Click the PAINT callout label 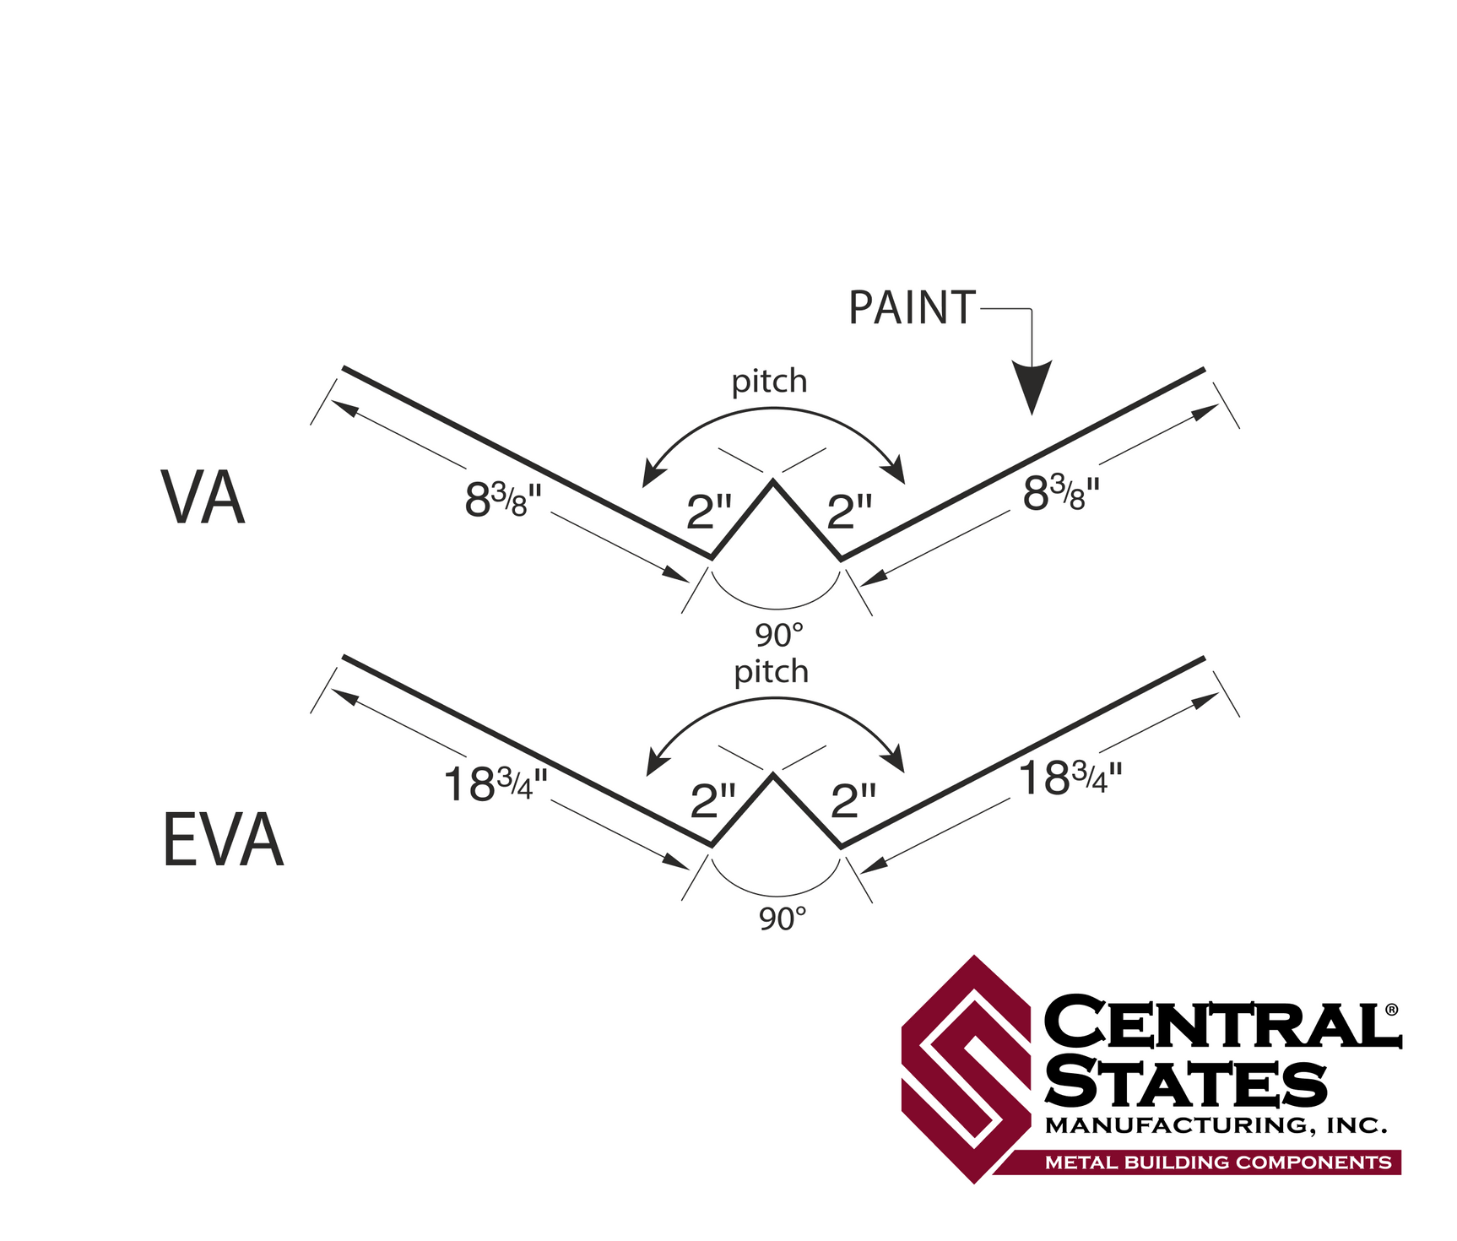912,308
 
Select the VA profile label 203,498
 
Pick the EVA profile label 223,840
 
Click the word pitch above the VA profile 769,382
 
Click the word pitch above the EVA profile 772,672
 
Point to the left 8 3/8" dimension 503,499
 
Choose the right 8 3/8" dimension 1061,493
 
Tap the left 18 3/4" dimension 496,783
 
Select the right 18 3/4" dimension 1070,778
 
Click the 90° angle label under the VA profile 779,634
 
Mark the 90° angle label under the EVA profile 783,919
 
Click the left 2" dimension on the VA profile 709,512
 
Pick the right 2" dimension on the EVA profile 853,800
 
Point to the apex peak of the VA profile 772,481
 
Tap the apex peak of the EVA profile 772,775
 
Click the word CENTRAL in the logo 1220,1022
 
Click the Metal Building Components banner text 1218,1162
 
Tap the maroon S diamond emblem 967,1069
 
